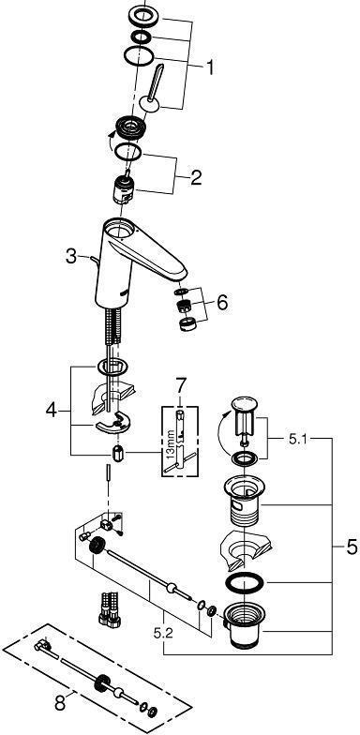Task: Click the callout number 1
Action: pyautogui.click(x=210, y=67)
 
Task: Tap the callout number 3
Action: pyautogui.click(x=71, y=257)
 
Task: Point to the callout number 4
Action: pyautogui.click(x=52, y=411)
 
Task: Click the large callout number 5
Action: pyautogui.click(x=351, y=547)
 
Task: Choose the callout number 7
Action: pyautogui.click(x=180, y=387)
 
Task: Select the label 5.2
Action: pyautogui.click(x=163, y=634)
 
